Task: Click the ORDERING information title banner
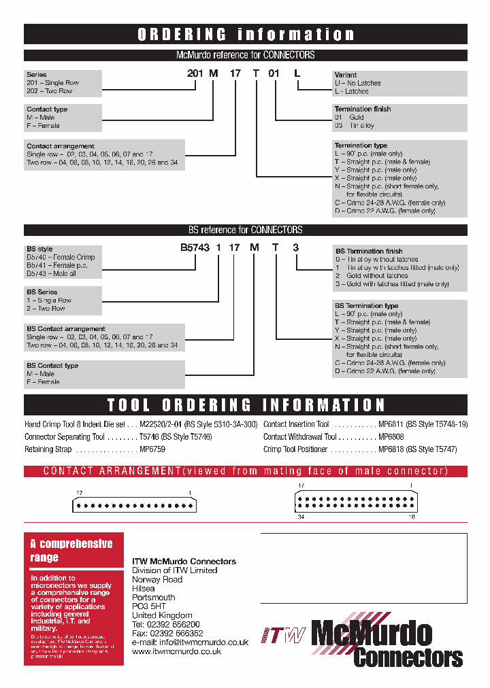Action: (246, 35)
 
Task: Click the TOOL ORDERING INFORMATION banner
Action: (246, 406)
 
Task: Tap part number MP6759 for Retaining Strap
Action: (152, 449)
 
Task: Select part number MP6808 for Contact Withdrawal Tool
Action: (391, 437)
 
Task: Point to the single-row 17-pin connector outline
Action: (135, 505)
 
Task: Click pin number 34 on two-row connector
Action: (300, 517)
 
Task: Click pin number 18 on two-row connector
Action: (411, 517)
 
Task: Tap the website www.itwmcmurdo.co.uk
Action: (176, 651)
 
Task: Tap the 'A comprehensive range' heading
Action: (71, 551)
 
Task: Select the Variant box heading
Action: (346, 75)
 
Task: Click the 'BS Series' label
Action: (42, 292)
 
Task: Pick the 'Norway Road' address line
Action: (157, 579)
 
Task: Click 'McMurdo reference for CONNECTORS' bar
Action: (246, 55)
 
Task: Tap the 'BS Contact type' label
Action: (52, 366)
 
